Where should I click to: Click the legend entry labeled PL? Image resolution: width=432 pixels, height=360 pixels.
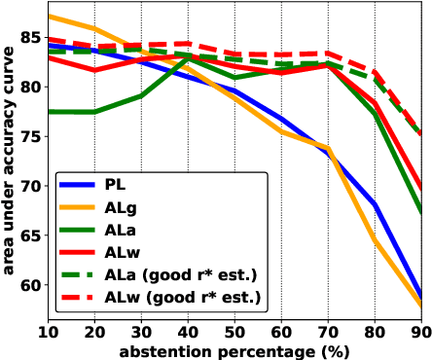[118, 183]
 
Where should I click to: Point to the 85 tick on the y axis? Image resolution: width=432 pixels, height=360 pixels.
[28, 39]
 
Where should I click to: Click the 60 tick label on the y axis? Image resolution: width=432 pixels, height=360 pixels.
[28, 285]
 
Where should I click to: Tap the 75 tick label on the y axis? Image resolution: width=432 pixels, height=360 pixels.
[28, 137]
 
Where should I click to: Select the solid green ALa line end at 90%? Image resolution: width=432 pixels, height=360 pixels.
[421, 213]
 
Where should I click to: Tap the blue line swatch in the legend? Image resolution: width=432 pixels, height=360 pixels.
[78, 183]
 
